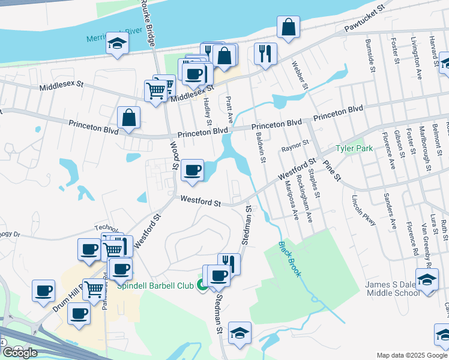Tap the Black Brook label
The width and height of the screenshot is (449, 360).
click(x=289, y=259)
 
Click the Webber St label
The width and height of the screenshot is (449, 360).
click(x=300, y=76)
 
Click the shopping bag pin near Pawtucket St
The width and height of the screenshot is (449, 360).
click(x=289, y=27)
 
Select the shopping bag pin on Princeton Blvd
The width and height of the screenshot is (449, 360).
click(x=129, y=118)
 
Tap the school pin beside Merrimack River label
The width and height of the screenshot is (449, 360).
click(x=118, y=43)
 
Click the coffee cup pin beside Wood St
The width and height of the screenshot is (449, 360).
click(x=193, y=170)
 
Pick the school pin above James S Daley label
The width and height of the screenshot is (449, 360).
click(x=427, y=280)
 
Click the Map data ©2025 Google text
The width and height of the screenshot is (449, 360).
click(x=412, y=355)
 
